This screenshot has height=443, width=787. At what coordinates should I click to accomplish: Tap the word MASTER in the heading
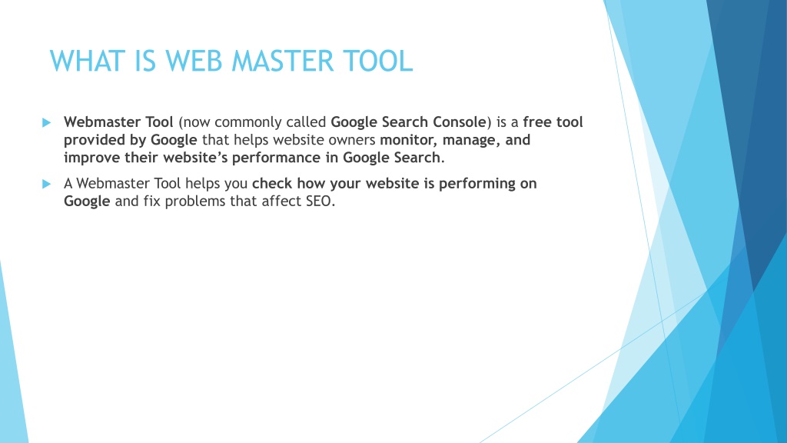coord(282,62)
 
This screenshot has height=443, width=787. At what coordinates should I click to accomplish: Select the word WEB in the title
coord(194,62)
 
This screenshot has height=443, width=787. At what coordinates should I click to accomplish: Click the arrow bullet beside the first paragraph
coord(47,122)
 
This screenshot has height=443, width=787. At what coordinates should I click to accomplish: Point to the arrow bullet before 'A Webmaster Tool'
coord(47,184)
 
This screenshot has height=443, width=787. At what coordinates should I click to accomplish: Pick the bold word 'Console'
coord(460,122)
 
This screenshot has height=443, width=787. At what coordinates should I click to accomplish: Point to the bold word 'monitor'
coord(409,140)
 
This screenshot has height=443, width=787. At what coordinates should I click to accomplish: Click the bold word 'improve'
coord(92,158)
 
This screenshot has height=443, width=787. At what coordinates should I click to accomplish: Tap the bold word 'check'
coord(272,183)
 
